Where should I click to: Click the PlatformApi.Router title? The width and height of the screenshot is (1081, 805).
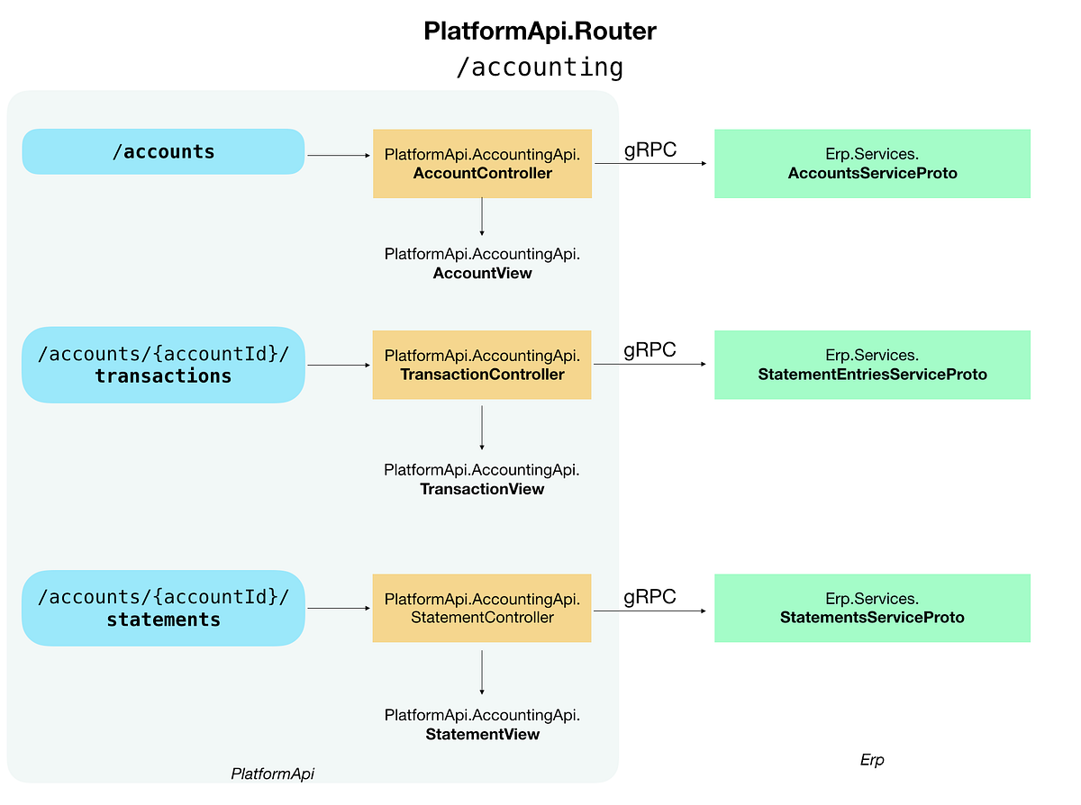[540, 31]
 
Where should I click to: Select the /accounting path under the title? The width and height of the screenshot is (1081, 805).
[540, 68]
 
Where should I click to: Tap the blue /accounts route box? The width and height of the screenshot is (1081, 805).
[163, 151]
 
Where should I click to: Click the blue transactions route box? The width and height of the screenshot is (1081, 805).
[163, 365]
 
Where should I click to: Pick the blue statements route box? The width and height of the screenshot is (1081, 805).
[163, 608]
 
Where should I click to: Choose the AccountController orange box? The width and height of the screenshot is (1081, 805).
[482, 164]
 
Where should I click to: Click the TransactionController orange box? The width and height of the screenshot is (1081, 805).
[482, 365]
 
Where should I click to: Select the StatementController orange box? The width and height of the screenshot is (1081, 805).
[482, 608]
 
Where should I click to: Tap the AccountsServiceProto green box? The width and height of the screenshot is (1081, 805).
[872, 164]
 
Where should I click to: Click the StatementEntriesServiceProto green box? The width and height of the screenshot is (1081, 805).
[872, 365]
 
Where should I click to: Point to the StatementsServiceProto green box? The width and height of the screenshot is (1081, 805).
[872, 608]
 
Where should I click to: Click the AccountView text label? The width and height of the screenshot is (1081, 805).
[482, 263]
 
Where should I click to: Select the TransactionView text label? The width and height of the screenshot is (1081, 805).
[482, 479]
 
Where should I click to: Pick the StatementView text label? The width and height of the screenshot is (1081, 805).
[482, 725]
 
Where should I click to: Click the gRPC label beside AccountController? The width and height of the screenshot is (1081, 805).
[650, 149]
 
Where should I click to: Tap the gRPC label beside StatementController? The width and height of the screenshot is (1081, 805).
[650, 596]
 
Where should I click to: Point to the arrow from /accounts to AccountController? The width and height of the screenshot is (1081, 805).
[339, 156]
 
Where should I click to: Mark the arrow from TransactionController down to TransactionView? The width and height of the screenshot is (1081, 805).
[482, 427]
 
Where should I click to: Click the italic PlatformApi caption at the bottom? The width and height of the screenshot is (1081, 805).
[273, 773]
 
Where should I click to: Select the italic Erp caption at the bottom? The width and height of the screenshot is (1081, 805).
[872, 760]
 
